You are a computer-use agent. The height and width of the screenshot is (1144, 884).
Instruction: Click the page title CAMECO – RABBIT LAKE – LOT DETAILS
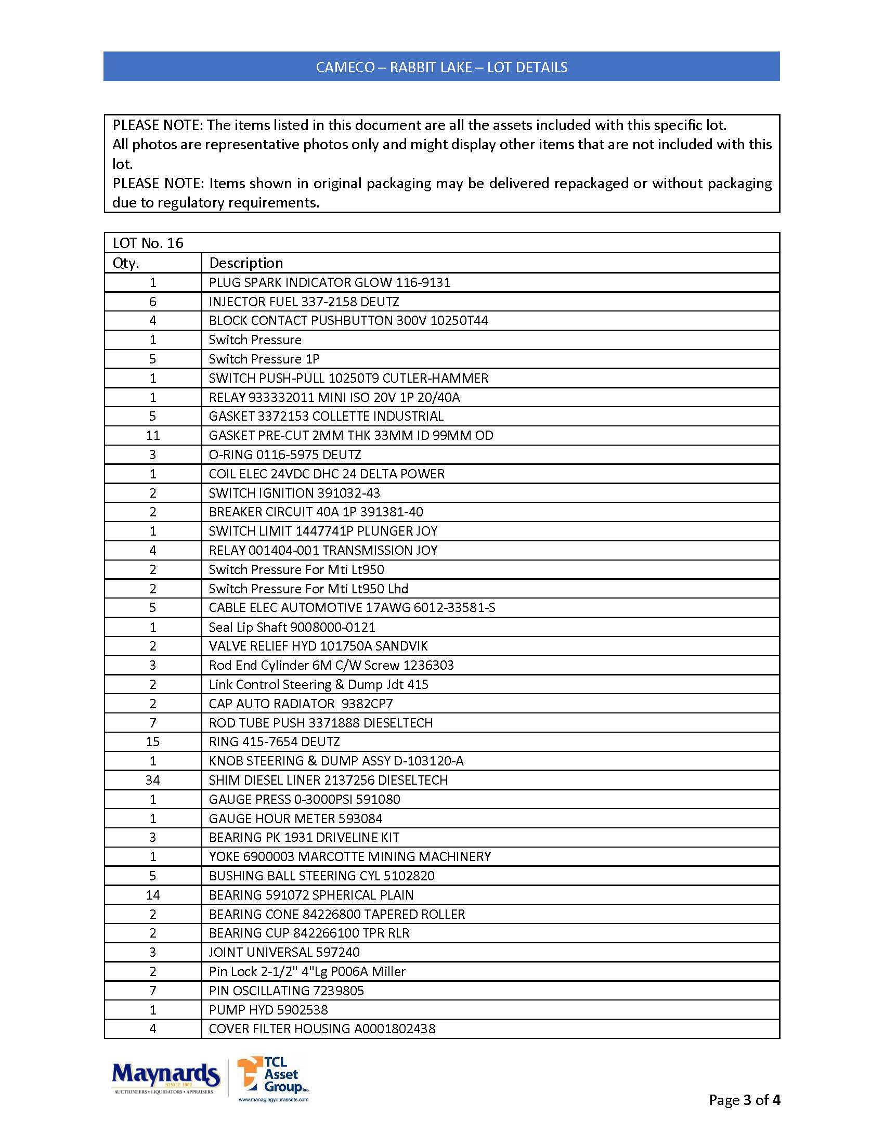click(441, 67)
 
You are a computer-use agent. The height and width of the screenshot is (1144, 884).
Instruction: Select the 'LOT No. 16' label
click(148, 243)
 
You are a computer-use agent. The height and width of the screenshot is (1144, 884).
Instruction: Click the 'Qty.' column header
click(126, 263)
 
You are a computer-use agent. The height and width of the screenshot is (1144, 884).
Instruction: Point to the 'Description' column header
click(245, 263)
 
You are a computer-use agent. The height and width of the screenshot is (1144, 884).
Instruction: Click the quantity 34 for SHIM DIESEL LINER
click(152, 781)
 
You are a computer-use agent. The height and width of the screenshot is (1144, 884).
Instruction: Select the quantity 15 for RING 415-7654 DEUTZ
click(152, 742)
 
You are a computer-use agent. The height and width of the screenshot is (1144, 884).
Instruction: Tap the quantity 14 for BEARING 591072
click(152, 895)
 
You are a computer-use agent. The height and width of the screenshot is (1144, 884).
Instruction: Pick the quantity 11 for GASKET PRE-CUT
click(152, 435)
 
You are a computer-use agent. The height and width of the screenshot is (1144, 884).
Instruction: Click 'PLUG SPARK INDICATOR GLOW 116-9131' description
click(329, 283)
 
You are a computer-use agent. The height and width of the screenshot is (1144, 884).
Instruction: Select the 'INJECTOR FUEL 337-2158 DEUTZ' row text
click(304, 302)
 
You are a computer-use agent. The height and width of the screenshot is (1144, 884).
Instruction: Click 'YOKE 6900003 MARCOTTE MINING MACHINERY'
click(350, 857)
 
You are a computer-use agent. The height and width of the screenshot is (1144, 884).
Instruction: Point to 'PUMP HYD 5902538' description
click(268, 1010)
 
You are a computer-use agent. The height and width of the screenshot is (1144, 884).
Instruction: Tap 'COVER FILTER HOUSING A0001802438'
click(322, 1029)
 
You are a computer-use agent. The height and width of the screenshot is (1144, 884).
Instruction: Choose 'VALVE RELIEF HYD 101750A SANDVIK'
click(318, 646)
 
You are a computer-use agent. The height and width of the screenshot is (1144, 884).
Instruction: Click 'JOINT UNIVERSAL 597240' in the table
click(284, 952)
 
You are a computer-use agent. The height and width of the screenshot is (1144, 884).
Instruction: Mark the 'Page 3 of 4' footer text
click(744, 1100)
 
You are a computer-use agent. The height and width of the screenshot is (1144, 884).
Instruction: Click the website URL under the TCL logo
click(274, 1099)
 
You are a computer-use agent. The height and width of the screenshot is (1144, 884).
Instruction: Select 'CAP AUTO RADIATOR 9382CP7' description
click(301, 704)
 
